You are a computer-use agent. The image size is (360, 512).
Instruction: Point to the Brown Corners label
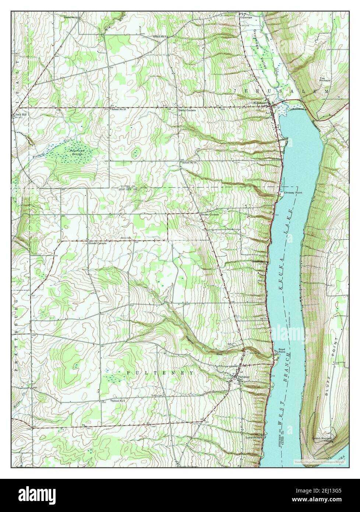[209, 214]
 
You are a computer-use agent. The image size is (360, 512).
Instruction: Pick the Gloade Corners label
[97, 243]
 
